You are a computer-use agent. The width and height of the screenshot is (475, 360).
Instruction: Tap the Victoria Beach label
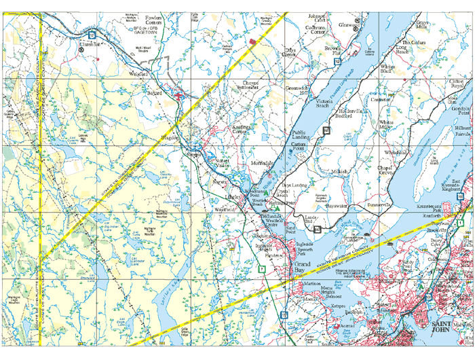pyautogui.click(x=328, y=105)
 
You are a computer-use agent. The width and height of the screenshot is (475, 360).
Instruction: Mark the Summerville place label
pyautogui.click(x=380, y=204)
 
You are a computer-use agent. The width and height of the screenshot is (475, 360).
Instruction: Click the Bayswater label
pyautogui.click(x=337, y=204)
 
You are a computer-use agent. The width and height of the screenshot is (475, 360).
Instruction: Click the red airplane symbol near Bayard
pyautogui.click(x=178, y=96)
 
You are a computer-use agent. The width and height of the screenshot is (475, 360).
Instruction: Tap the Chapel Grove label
pyautogui.click(x=385, y=170)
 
